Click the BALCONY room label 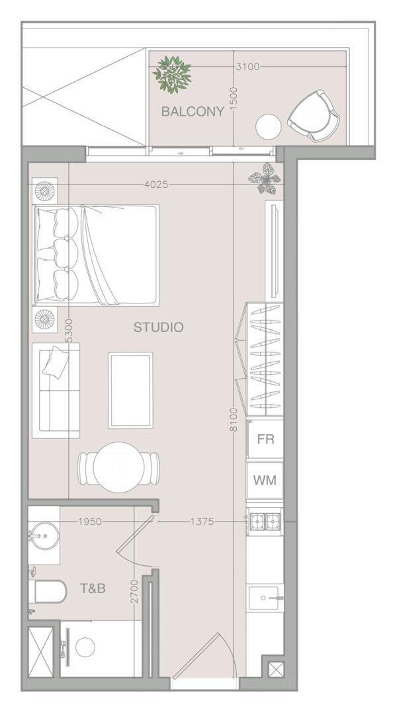pyautogui.click(x=193, y=112)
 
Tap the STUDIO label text pyautogui.click(x=159, y=327)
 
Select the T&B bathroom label pyautogui.click(x=93, y=588)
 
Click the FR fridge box pyautogui.click(x=265, y=440)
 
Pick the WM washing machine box pyautogui.click(x=265, y=481)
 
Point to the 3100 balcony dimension pyautogui.click(x=247, y=67)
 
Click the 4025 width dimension pyautogui.click(x=156, y=184)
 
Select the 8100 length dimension pyautogui.click(x=234, y=419)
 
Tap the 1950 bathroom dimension pyautogui.click(x=90, y=522)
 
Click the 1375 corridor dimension pyautogui.click(x=202, y=522)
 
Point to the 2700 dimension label pyautogui.click(x=134, y=592)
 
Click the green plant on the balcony pyautogui.click(x=172, y=74)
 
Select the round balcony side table pyautogui.click(x=269, y=126)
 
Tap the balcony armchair pyautogui.click(x=314, y=116)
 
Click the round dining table pyautogui.click(x=118, y=467)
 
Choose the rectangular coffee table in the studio pyautogui.click(x=130, y=390)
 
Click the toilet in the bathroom pyautogui.click(x=48, y=592)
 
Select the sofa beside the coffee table pyautogui.click(x=56, y=391)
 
